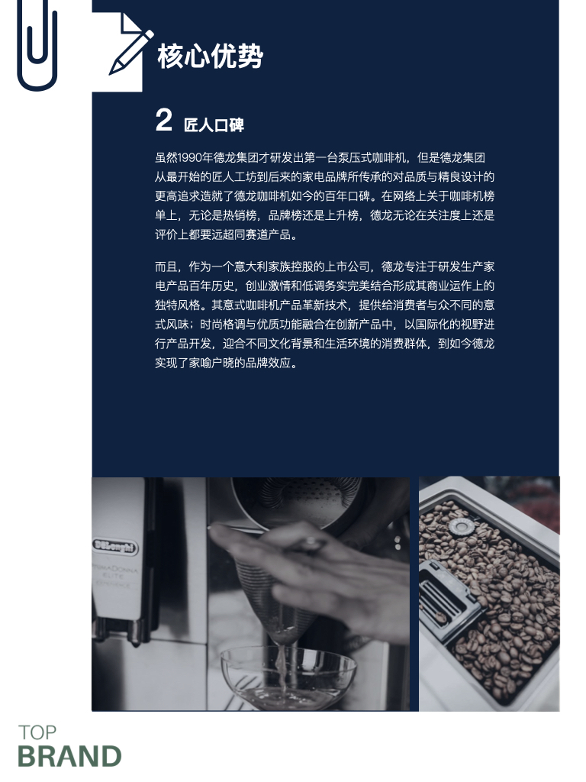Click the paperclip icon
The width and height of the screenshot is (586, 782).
(x=36, y=46)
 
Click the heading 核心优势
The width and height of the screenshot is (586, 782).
(x=210, y=57)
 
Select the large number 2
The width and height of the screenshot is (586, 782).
(x=163, y=121)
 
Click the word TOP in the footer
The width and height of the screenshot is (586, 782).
(x=37, y=733)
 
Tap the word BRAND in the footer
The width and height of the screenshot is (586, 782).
(x=69, y=756)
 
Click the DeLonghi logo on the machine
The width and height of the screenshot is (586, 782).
(x=115, y=546)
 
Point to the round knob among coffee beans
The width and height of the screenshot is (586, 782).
(x=458, y=526)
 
